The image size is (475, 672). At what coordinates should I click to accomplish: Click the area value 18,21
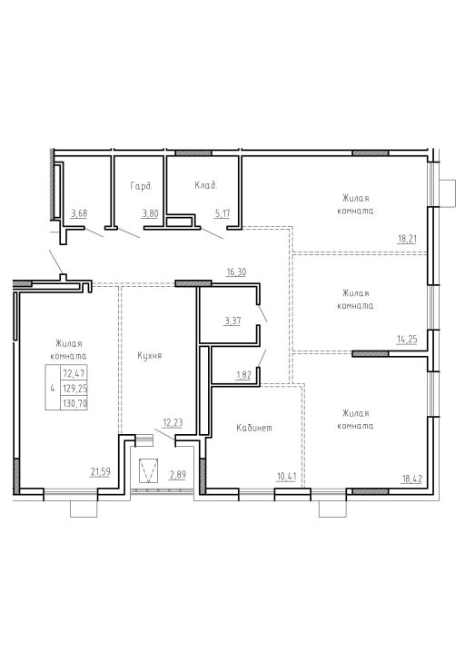(407, 239)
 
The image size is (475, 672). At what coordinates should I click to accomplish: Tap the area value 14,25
(407, 340)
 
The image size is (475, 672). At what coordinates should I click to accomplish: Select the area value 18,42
(412, 479)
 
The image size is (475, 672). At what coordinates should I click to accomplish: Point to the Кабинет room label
(254, 428)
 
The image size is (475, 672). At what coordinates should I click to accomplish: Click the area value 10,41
(286, 476)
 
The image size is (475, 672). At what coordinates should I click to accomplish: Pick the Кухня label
(150, 356)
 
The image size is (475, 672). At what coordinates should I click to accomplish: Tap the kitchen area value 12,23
(173, 423)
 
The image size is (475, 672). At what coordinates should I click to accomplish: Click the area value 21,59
(100, 472)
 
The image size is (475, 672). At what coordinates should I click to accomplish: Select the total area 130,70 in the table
(74, 403)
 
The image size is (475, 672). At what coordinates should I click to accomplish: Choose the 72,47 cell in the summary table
(74, 373)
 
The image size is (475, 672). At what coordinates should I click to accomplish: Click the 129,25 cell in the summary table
(74, 389)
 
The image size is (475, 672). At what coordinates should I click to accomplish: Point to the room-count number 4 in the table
(53, 389)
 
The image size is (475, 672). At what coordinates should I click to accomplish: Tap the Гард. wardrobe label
(141, 186)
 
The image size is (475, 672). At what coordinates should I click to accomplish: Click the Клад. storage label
(206, 185)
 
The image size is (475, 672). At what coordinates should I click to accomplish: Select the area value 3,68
(79, 213)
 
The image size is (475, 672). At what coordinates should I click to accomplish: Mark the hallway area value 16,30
(237, 272)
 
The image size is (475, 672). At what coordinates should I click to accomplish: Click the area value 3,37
(233, 321)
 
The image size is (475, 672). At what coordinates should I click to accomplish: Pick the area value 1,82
(243, 375)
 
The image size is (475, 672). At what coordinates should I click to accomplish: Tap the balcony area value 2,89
(177, 475)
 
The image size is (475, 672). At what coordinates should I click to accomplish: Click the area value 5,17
(223, 213)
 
